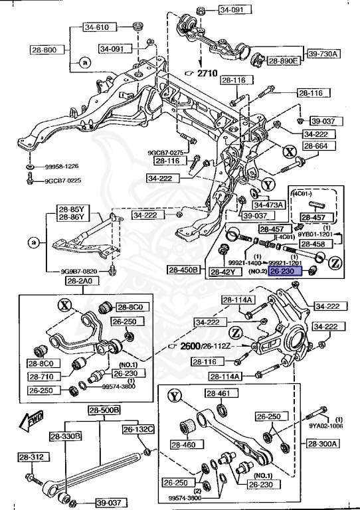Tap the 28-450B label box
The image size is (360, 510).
[184, 271]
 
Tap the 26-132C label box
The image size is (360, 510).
[137, 429]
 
